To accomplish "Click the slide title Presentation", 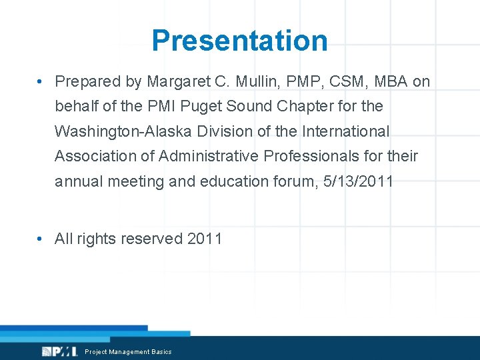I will [239, 40].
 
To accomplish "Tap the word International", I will [346, 131].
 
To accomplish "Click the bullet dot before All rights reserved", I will [41, 239].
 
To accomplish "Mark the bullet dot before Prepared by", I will [41, 81].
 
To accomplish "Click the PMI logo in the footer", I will [60, 351].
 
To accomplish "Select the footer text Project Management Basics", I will [128, 352].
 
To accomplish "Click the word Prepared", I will [84, 81].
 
